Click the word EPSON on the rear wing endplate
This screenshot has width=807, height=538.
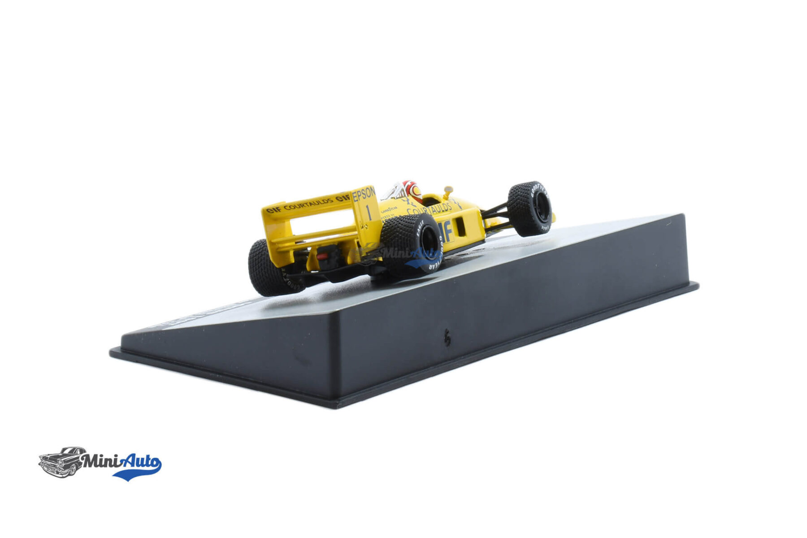point(364,194)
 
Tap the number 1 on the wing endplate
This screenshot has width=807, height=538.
point(369,213)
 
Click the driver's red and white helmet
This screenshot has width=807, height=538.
point(412,191)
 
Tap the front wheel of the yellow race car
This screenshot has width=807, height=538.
point(530,208)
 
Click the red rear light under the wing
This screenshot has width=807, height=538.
point(322,257)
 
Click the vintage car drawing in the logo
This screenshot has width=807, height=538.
point(61,462)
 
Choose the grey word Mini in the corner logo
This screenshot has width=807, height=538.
point(101,460)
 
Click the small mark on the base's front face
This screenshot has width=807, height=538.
point(447,339)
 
